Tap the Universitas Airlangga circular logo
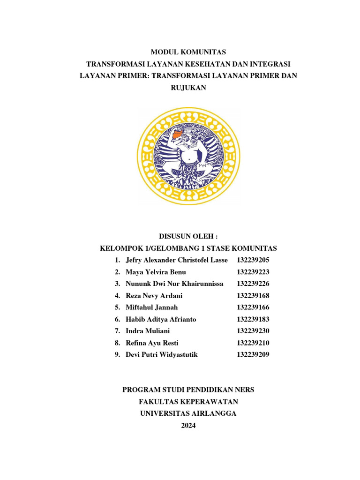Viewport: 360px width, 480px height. tap(188, 157)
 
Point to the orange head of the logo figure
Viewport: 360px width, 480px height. tap(179, 136)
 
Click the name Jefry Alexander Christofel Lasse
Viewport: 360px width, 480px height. tap(177, 260)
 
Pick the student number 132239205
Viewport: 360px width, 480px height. tap(253, 260)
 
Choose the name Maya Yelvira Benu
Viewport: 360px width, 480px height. tap(156, 272)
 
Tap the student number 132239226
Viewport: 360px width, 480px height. tap(253, 284)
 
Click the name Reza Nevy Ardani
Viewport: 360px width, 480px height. tap(154, 296)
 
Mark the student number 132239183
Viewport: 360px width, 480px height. tap(253, 319)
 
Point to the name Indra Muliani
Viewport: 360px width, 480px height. tap(148, 331)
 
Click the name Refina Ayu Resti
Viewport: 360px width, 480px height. tap(152, 343)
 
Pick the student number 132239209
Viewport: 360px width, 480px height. tap(253, 355)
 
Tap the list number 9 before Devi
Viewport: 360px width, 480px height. tap(117, 355)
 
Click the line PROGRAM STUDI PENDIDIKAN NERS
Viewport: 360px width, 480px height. tap(188, 390)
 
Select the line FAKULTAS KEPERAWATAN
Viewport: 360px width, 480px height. tap(188, 402)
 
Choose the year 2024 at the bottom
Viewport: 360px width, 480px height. tap(188, 426)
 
